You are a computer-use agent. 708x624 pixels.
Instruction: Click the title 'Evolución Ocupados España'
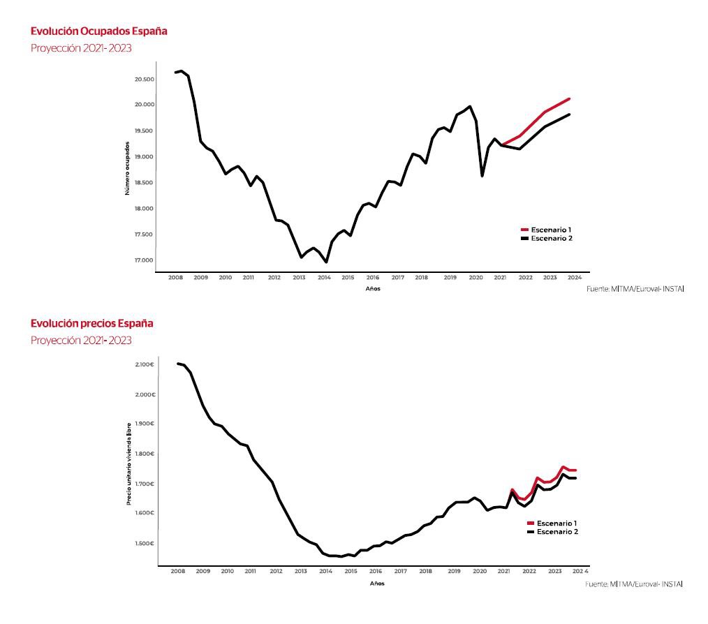[x=99, y=31]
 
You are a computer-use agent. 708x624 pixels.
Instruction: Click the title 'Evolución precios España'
[x=92, y=323]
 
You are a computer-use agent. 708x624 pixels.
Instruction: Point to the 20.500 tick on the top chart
[x=145, y=79]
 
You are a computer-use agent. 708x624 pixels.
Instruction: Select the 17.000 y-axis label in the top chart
[x=145, y=260]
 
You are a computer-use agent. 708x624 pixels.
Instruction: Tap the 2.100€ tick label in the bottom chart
[x=145, y=364]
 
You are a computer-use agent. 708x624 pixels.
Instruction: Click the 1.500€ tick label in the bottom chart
[x=145, y=543]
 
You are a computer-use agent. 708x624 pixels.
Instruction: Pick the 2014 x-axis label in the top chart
[x=324, y=278]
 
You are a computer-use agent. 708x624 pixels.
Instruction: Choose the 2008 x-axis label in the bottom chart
[x=178, y=572]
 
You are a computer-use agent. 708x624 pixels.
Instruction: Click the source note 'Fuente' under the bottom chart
[x=634, y=583]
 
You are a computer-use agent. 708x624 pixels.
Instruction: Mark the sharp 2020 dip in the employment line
[x=482, y=175]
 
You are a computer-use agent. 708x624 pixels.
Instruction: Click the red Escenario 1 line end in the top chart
[x=569, y=99]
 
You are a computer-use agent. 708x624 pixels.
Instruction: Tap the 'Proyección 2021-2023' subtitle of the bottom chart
[x=81, y=341]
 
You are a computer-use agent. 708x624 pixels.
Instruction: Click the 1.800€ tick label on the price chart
[x=145, y=454]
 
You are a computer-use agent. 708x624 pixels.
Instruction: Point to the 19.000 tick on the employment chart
[x=145, y=156]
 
